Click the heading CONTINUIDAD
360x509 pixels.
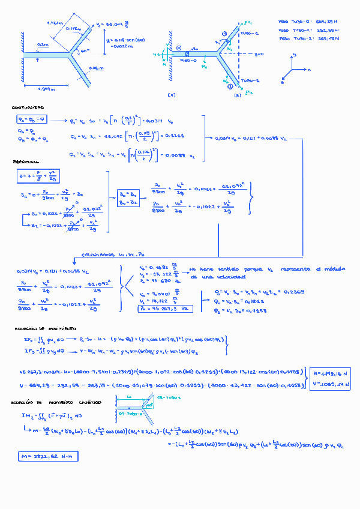point(26,107)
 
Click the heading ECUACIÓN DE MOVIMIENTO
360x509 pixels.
point(46,330)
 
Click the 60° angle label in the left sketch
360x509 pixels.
point(85,52)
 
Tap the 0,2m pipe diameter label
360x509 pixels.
point(43,45)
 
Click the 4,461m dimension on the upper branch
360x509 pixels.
point(55,23)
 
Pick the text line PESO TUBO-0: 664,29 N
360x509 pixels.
point(309,20)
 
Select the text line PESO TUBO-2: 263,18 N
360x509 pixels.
point(309,38)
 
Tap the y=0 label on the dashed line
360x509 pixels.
point(259,54)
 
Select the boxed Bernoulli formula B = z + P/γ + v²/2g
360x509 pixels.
point(37,176)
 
